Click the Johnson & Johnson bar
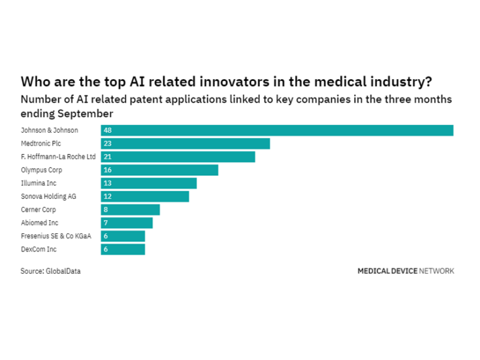[x=277, y=131]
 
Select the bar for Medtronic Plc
[x=185, y=144]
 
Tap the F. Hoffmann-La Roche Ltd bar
[x=178, y=157]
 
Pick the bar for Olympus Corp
[x=159, y=170]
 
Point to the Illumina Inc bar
[x=149, y=183]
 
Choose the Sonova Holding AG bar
[x=145, y=196]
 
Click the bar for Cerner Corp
[x=131, y=210]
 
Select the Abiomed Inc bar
[x=127, y=223]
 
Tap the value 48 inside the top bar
[x=108, y=131]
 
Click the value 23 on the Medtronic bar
[x=108, y=144]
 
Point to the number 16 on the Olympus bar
[x=108, y=170]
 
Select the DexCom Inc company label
[x=39, y=249]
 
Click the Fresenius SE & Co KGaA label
[x=56, y=236]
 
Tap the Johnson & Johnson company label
[x=49, y=131]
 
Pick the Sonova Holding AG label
[x=48, y=196]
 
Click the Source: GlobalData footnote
[x=51, y=270]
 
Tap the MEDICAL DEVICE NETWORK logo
[x=406, y=270]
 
